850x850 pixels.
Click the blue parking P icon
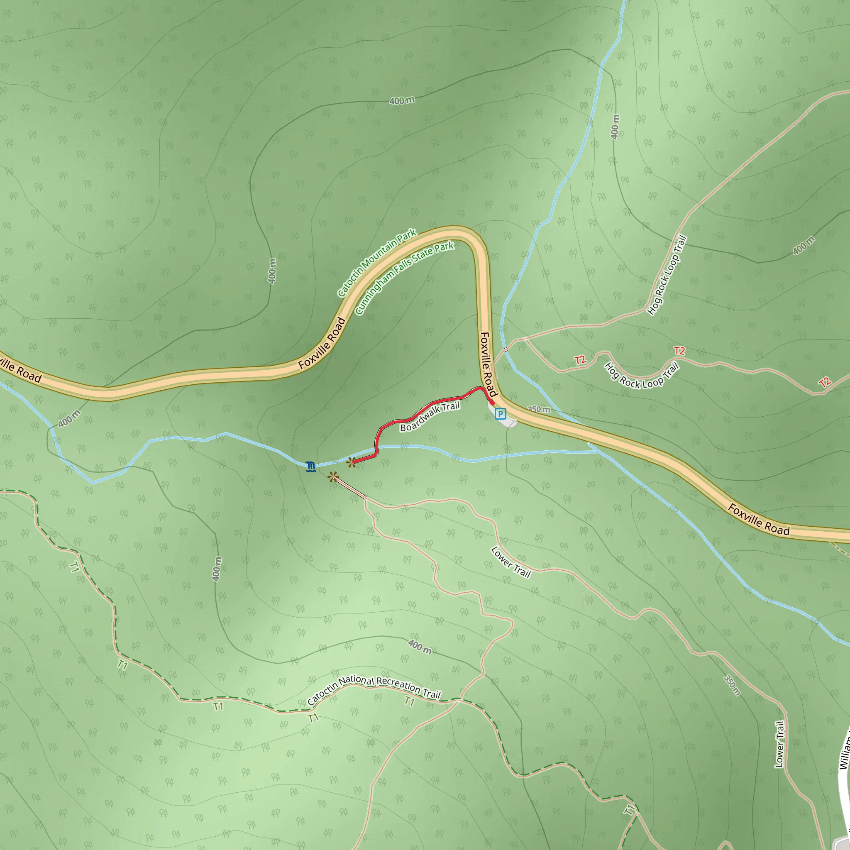500,413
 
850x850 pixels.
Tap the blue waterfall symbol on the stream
310,467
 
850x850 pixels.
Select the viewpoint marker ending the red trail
351,462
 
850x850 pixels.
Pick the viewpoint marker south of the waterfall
333,477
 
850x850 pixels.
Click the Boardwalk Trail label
430,417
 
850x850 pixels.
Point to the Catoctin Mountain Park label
376,263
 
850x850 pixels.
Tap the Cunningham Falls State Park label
404,278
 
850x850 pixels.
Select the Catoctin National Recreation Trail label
374,689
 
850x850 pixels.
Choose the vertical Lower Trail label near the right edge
779,745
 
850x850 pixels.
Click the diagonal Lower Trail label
511,562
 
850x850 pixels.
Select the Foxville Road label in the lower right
759,520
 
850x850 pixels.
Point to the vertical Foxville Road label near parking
488,364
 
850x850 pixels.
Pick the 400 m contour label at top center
402,101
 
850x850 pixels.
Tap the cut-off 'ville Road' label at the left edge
20,369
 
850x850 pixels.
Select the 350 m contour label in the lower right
732,685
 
